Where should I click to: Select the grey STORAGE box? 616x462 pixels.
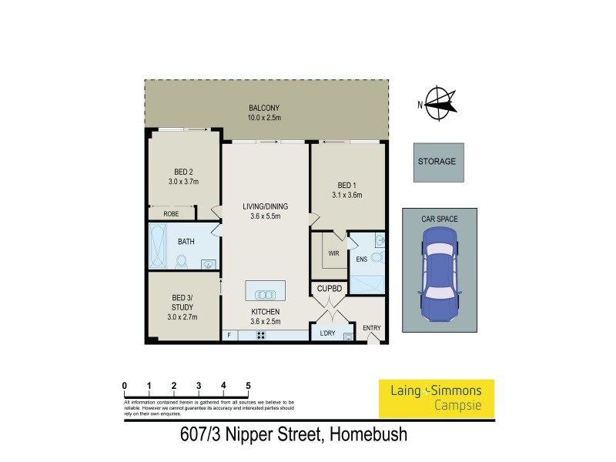(437, 162)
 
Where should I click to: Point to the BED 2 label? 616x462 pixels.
(183, 172)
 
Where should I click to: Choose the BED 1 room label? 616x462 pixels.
(346, 185)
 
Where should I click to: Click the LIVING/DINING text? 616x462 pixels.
(265, 206)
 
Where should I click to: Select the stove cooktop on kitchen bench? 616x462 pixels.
(261, 335)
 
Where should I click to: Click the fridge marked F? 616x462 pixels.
(229, 335)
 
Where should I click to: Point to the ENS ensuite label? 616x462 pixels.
(362, 259)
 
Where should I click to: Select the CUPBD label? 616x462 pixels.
(329, 289)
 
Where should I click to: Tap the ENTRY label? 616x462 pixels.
(372, 329)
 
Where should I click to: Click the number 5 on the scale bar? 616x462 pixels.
(248, 385)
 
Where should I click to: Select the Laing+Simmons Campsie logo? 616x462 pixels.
(437, 398)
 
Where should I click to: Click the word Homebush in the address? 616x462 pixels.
(368, 436)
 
